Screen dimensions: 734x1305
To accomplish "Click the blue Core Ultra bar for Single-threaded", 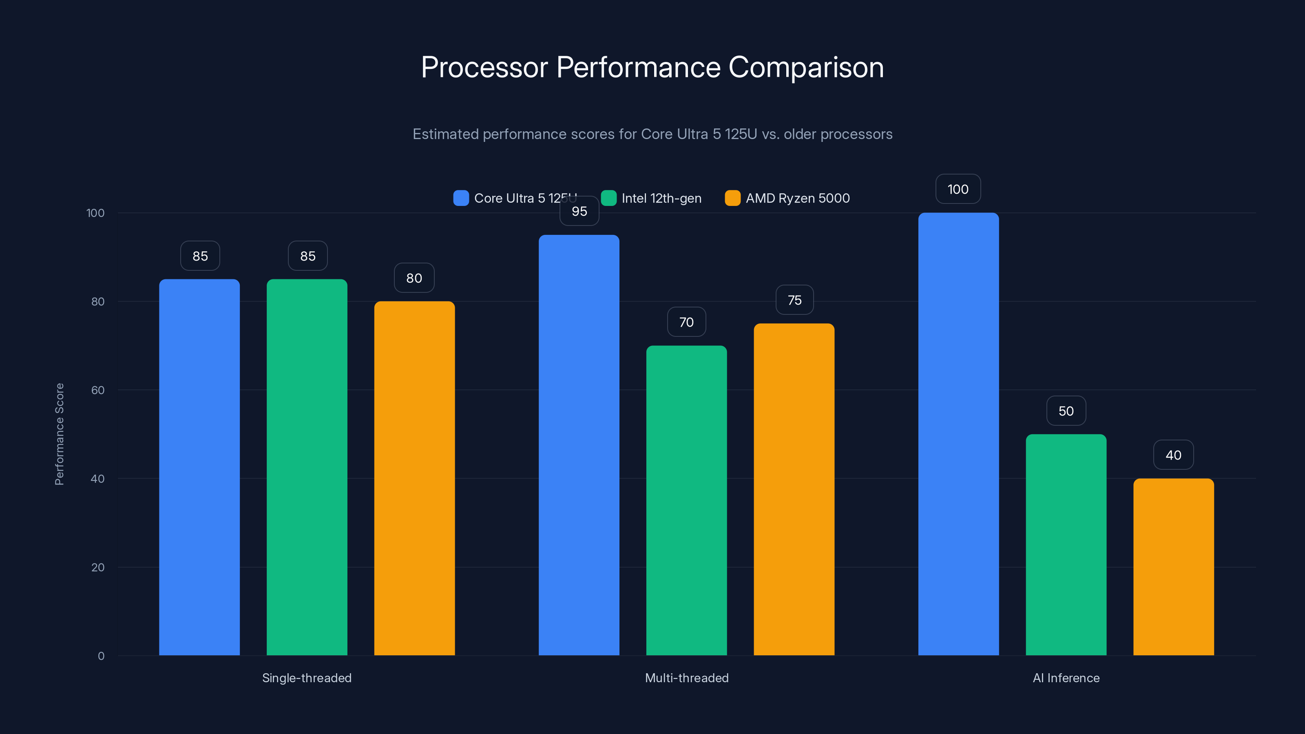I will pos(199,466).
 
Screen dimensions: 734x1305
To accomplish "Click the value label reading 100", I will pos(958,189).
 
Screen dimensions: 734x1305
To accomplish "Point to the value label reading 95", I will pos(580,211).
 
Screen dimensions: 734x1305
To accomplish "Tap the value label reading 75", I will pos(794,300).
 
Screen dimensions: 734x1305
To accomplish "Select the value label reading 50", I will pos(1066,411).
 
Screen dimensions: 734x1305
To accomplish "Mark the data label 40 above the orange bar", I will pos(1173,455).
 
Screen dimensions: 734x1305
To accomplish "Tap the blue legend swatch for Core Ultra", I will pos(461,198).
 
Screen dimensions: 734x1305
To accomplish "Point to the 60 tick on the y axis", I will pos(98,390).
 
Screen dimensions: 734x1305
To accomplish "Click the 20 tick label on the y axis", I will pos(98,567).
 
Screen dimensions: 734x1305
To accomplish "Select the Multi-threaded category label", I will pos(686,678).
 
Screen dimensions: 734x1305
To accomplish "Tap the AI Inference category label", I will pos(1066,678).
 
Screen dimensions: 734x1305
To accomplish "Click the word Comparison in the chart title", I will pos(806,67).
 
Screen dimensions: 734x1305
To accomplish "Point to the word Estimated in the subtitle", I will pos(445,134).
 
